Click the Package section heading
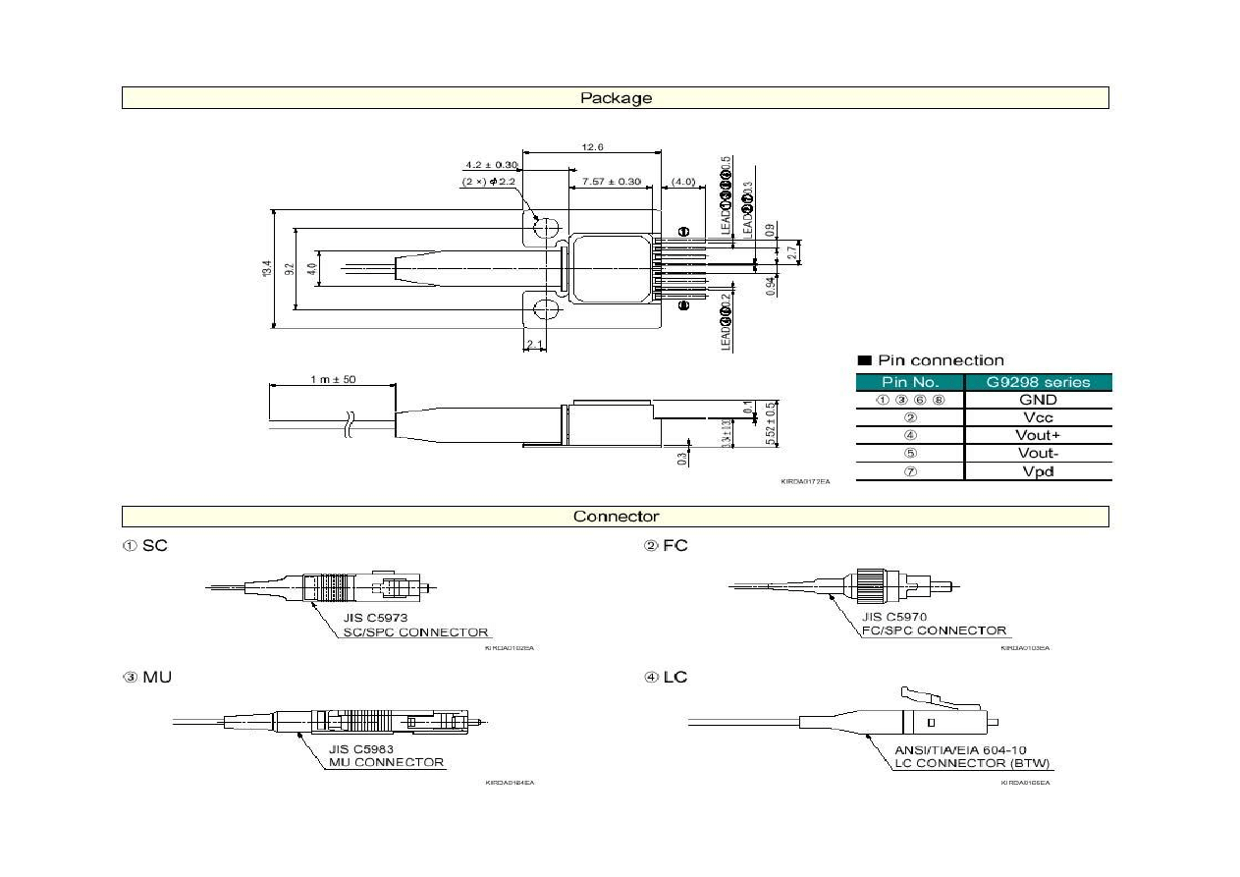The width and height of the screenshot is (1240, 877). (616, 97)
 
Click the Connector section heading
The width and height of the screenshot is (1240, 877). (616, 517)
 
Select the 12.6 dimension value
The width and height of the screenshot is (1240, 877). (592, 146)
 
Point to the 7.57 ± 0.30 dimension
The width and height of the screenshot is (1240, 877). (611, 182)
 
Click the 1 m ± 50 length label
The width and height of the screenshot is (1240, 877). (334, 380)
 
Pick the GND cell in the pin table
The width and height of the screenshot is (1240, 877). (1038, 400)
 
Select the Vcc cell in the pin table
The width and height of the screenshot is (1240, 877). (1038, 417)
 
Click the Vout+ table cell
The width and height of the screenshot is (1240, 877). (1038, 435)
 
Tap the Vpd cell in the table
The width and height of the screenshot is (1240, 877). (1038, 471)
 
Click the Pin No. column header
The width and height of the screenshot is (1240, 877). (910, 382)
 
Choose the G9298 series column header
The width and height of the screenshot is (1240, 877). (1038, 382)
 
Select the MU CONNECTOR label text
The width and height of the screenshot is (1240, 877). (386, 762)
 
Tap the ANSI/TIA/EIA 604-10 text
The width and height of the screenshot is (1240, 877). (960, 750)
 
